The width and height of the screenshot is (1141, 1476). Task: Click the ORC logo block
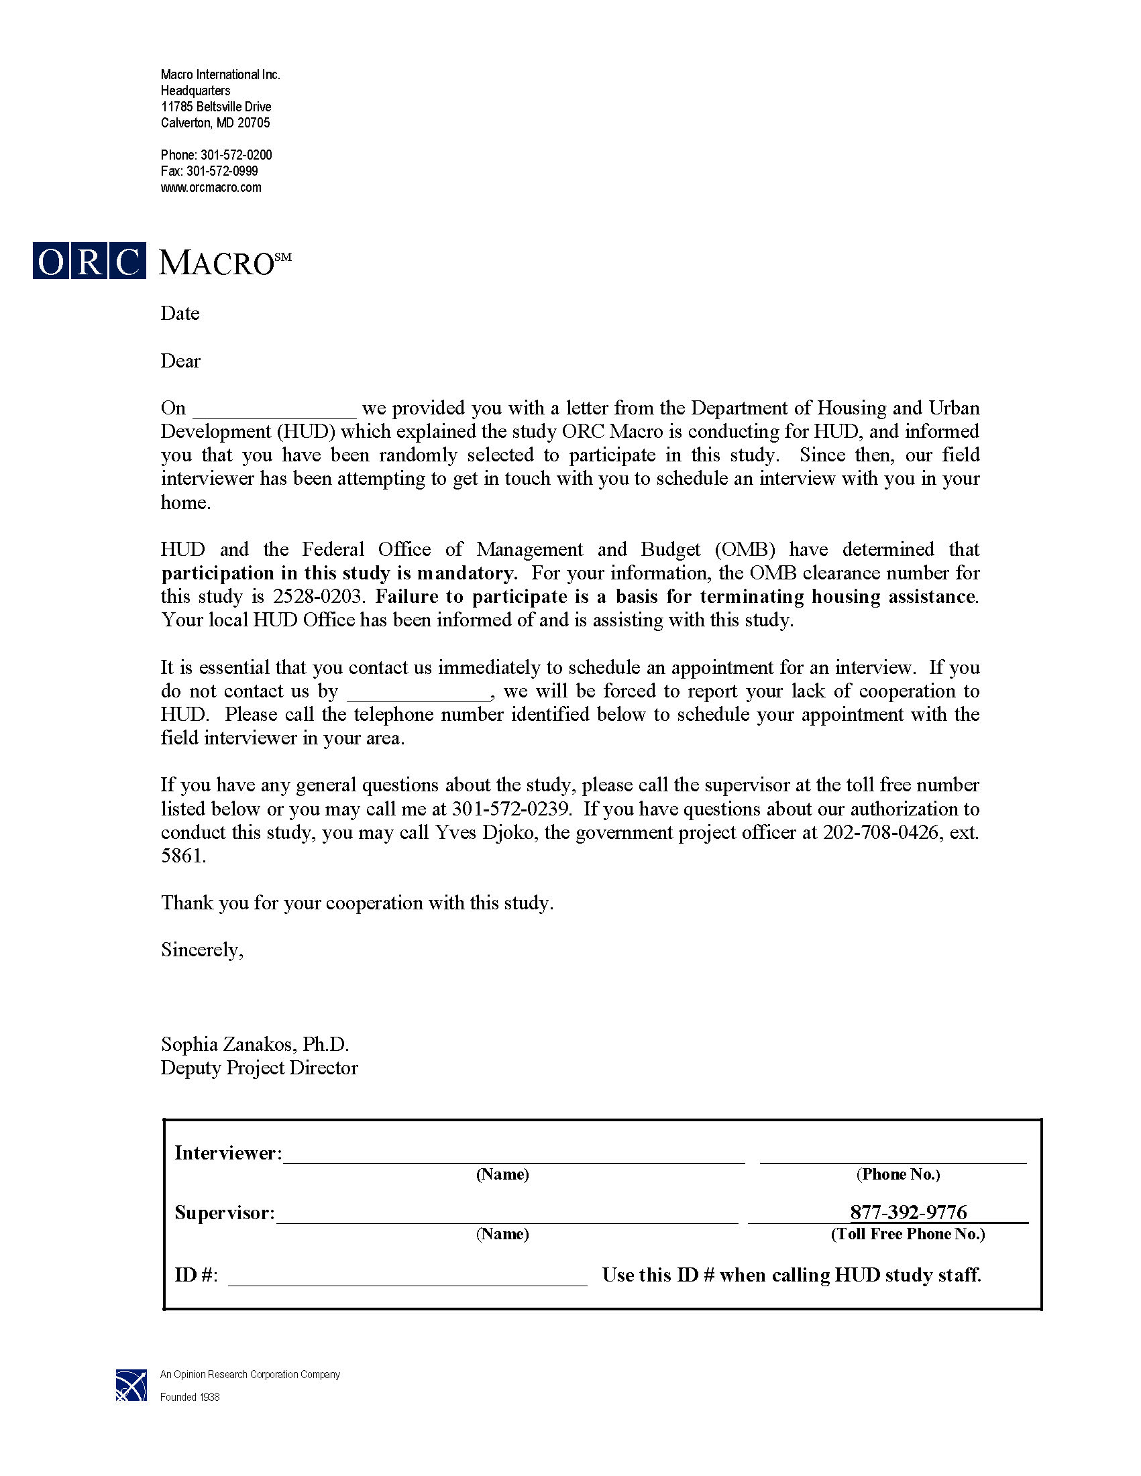coord(89,261)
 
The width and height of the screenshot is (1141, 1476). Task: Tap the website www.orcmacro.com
coord(211,188)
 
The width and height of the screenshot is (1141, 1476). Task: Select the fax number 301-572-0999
coord(223,172)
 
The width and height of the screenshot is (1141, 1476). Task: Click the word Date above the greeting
coord(180,314)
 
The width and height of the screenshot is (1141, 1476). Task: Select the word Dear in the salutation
coord(180,361)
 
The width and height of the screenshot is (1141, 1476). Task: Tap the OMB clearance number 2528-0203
coord(321,597)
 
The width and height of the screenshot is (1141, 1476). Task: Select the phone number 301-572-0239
coord(512,809)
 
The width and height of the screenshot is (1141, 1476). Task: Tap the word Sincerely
coord(201,950)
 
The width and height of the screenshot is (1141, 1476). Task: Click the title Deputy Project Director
coord(259,1068)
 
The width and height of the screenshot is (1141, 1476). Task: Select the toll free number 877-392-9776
coord(908,1212)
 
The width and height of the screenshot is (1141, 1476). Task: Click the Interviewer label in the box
coord(228,1153)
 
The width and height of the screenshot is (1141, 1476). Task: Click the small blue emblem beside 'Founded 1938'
coord(130,1385)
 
